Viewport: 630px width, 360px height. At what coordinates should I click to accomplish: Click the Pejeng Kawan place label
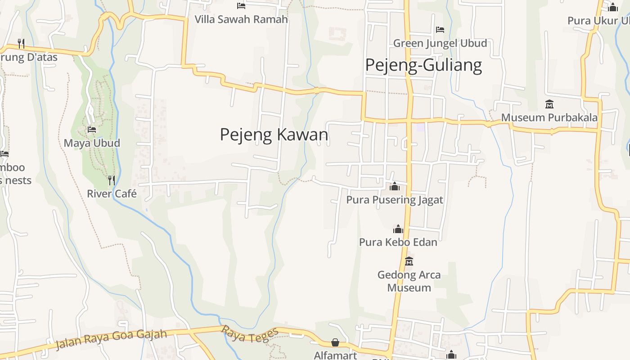[274, 135]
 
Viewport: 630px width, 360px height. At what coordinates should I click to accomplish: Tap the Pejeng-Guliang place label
[423, 65]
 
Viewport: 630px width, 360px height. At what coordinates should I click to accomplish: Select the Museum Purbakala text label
[549, 117]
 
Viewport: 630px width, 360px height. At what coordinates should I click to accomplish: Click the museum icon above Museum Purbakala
[549, 104]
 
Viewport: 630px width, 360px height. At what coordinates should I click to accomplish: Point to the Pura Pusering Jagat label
[395, 200]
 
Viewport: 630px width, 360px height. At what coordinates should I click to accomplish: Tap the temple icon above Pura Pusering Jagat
[395, 186]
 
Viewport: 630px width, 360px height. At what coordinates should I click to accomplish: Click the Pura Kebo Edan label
[398, 242]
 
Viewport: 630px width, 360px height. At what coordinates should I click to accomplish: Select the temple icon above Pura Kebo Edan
[398, 229]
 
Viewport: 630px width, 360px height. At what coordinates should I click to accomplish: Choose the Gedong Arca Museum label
[409, 281]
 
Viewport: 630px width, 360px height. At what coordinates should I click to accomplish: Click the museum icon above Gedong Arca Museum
[409, 261]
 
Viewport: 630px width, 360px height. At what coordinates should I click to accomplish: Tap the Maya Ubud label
[92, 143]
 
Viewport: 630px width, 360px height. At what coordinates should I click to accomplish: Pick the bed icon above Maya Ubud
[92, 130]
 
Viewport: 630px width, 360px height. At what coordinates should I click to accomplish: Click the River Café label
[112, 193]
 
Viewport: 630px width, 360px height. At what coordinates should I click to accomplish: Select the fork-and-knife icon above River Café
[112, 180]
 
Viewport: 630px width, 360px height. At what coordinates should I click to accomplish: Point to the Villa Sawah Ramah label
[241, 19]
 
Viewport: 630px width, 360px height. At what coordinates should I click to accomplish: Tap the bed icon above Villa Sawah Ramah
[241, 6]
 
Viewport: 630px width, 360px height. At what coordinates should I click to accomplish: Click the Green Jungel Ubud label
[440, 43]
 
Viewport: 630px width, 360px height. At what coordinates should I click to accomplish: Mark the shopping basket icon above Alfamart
[335, 343]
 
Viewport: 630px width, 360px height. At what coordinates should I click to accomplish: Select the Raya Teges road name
[249, 333]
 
